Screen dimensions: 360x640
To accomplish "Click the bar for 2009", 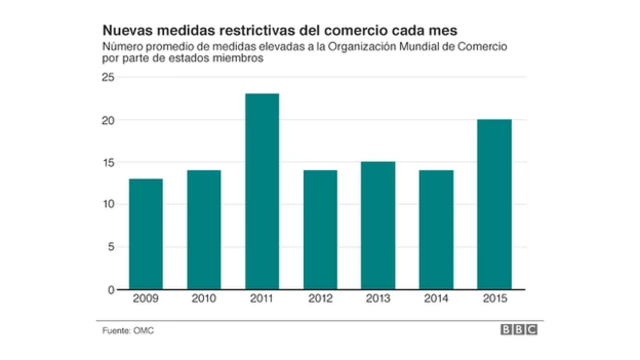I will (145, 234).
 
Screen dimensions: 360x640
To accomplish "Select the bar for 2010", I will (204, 230).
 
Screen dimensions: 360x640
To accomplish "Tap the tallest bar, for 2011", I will (262, 191).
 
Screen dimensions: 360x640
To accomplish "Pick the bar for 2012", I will (321, 230).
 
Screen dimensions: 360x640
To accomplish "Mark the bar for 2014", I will (437, 230).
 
